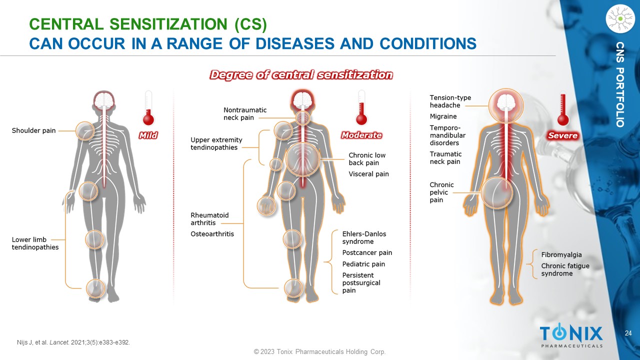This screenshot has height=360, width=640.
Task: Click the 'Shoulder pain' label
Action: [33, 130]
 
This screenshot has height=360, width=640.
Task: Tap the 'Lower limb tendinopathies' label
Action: [35, 243]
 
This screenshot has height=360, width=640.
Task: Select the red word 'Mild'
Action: [148, 135]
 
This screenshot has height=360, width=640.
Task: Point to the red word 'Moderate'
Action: [361, 135]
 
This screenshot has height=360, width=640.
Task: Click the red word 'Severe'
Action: [562, 135]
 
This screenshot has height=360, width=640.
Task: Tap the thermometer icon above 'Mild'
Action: [148, 108]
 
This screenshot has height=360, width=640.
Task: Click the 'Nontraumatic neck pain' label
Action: [245, 113]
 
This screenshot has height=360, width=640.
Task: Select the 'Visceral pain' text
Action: [368, 174]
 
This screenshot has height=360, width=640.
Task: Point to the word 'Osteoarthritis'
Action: [212, 234]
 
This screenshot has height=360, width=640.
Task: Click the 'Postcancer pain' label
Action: [367, 252]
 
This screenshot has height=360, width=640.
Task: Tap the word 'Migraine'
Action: [443, 116]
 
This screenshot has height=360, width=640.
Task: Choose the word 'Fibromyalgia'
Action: [561, 254]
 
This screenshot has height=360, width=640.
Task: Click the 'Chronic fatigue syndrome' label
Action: [565, 269]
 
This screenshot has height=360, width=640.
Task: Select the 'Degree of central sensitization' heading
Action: [301, 75]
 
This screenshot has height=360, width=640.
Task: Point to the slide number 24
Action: [628, 333]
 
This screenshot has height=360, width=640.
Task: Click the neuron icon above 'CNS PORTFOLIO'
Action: [619, 19]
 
